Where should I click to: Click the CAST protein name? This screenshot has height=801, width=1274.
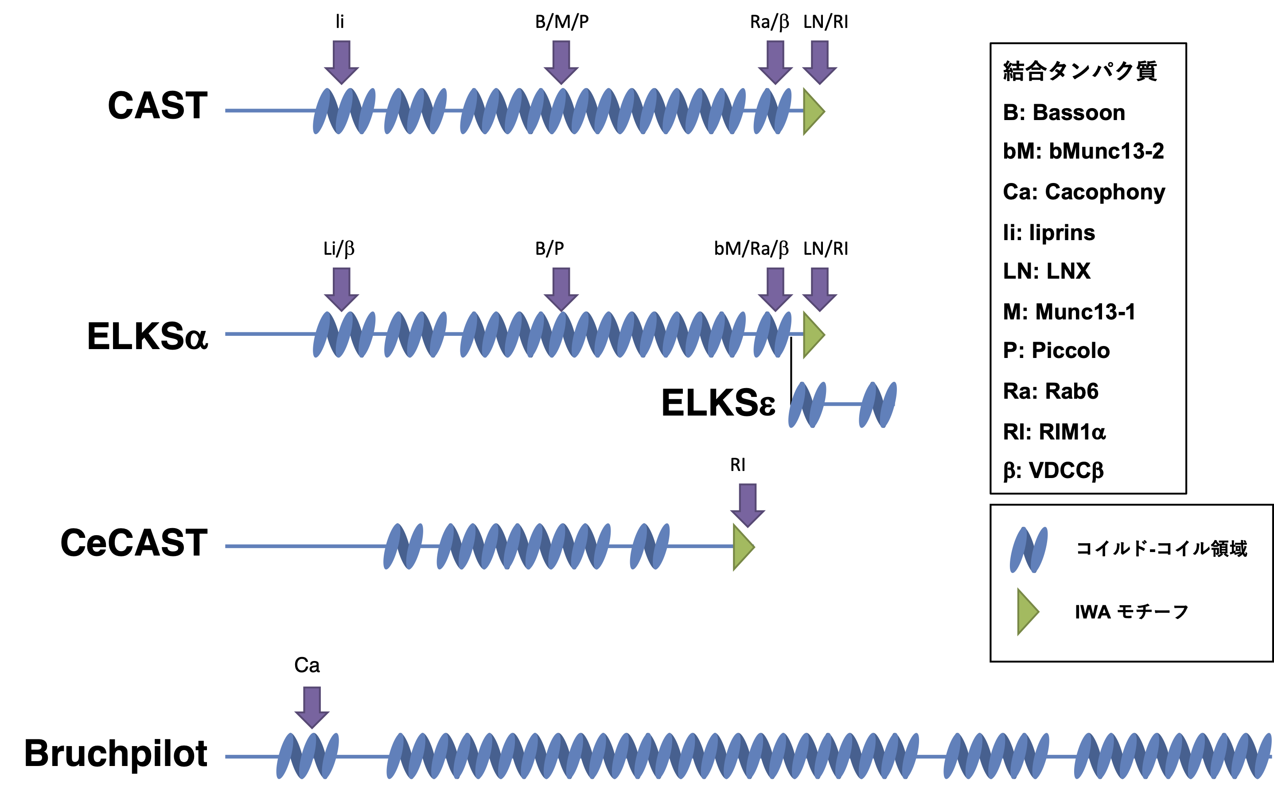tap(158, 105)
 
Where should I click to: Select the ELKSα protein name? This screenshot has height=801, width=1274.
tap(148, 337)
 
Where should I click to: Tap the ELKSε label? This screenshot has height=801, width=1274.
tap(718, 403)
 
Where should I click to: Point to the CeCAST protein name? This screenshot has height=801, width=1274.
tap(134, 543)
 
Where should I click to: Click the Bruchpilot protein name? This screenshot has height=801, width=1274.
tap(116, 754)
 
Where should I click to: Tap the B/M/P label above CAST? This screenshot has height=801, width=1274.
tap(562, 22)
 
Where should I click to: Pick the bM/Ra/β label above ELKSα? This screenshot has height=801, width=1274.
tap(751, 248)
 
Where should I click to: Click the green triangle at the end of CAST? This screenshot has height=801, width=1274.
tap(813, 111)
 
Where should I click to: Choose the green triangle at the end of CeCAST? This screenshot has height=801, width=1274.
tap(742, 547)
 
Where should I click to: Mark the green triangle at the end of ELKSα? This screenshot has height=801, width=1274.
tap(813, 334)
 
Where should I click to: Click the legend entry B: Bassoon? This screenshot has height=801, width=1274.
tap(1064, 113)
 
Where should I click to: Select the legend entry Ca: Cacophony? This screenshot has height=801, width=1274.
tap(1083, 192)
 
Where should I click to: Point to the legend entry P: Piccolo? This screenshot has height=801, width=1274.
tap(1056, 351)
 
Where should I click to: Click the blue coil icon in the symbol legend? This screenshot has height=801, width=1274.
tap(1028, 550)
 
